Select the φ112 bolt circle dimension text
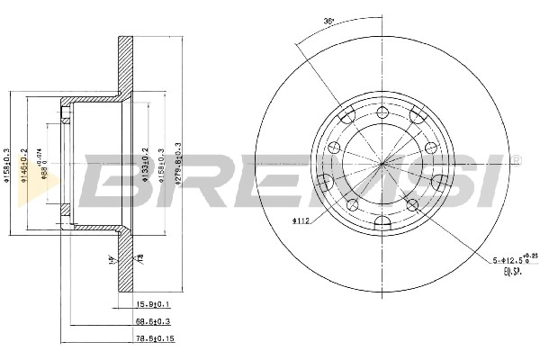coord(301,219)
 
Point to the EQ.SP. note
coord(513,272)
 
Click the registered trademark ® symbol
coord(516,160)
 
